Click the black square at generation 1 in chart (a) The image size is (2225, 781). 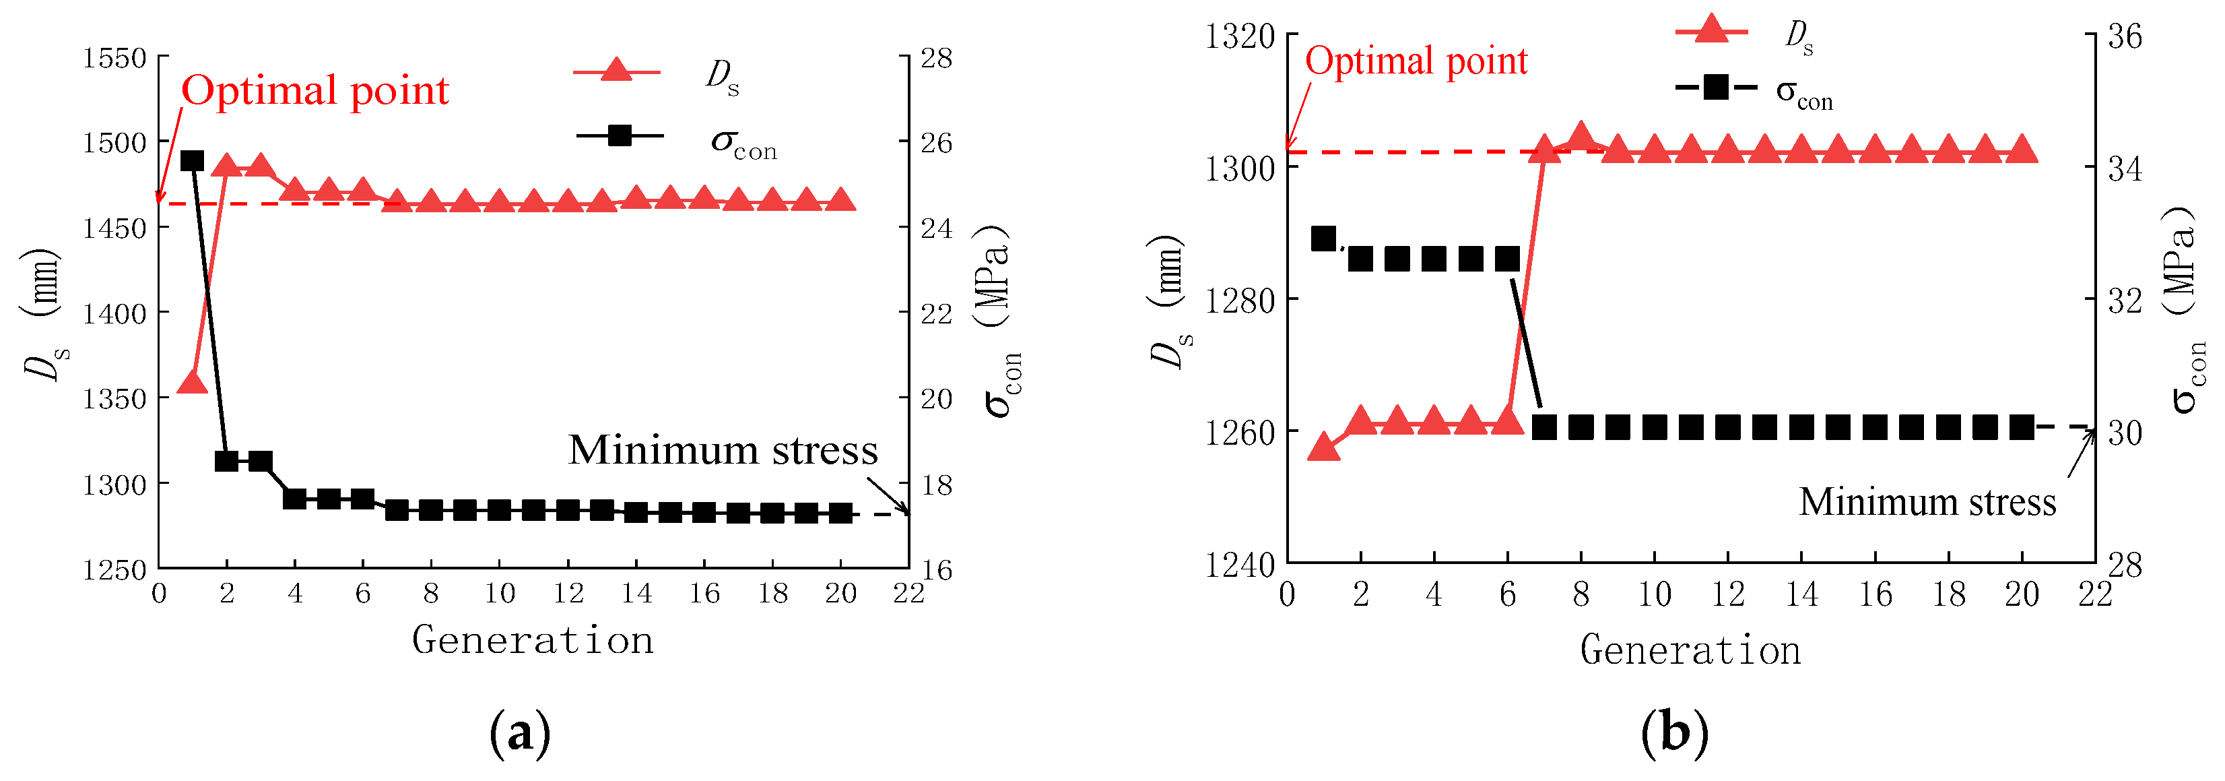[192, 160]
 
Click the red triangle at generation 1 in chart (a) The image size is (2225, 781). [192, 383]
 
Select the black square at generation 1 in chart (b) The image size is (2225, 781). [1323, 239]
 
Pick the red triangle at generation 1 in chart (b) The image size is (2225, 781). [1323, 447]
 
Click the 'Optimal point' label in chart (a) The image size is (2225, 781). [314, 91]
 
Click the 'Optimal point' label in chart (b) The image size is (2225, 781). [1416, 61]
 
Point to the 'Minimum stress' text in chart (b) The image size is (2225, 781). [1927, 502]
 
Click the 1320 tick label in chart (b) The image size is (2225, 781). [1240, 37]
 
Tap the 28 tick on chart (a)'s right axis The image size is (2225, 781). [936, 59]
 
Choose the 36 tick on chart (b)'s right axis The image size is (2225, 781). [2125, 37]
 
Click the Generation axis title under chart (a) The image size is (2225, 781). [532, 640]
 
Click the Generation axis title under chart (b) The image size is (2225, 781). [1690, 650]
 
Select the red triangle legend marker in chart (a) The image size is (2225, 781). [616, 71]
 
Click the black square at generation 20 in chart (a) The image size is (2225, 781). [840, 513]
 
